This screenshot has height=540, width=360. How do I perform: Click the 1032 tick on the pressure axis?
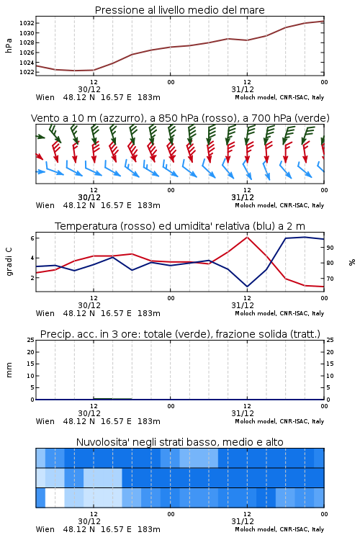[26, 23]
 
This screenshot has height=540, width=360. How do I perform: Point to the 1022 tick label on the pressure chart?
[26, 72]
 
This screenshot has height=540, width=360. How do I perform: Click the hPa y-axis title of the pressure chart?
[9, 45]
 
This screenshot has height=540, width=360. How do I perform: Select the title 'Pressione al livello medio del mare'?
[180, 10]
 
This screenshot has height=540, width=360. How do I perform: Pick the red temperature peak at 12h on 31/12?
[247, 237]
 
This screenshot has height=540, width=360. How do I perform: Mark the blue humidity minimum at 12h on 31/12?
[247, 286]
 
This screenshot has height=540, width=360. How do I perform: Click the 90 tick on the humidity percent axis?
[330, 248]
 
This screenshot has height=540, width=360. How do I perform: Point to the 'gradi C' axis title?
[9, 262]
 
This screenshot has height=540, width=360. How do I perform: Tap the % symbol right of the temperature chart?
[352, 262]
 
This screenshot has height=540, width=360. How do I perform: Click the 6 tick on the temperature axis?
[32, 238]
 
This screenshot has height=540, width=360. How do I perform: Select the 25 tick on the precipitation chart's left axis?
[31, 340]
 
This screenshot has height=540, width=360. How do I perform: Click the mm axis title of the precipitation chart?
[9, 370]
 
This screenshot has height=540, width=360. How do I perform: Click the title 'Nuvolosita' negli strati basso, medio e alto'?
[180, 442]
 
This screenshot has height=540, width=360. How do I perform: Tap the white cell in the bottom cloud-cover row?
[55, 498]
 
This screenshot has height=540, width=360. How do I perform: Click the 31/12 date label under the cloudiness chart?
[243, 521]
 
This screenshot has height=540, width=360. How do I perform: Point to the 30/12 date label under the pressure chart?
[89, 89]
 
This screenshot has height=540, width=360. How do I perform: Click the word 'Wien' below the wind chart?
[45, 206]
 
